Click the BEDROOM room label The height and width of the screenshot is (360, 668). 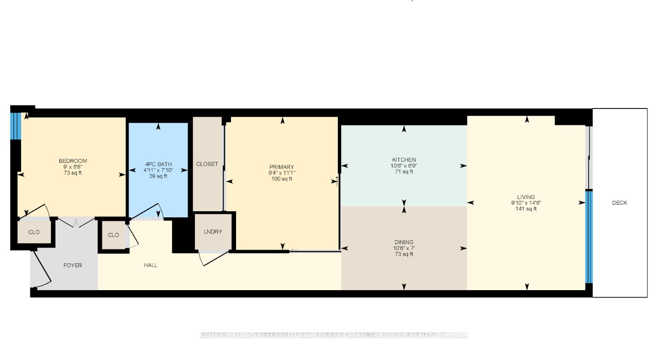pyautogui.click(x=73, y=161)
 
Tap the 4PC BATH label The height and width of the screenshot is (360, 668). pyautogui.click(x=158, y=164)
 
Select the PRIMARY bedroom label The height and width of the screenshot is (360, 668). pyautogui.click(x=282, y=167)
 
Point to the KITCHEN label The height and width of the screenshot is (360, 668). pyautogui.click(x=404, y=160)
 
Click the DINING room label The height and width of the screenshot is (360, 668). pyautogui.click(x=404, y=242)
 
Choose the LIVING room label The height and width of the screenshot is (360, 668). pyautogui.click(x=526, y=197)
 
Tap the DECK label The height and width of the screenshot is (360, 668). pyautogui.click(x=619, y=203)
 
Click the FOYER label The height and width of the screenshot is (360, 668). pyautogui.click(x=72, y=265)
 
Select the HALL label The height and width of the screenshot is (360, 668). pyautogui.click(x=151, y=265)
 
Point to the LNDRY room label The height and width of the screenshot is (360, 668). pyautogui.click(x=213, y=232)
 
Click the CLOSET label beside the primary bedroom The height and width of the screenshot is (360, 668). pyautogui.click(x=207, y=164)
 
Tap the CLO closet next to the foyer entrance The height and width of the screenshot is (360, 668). pyautogui.click(x=34, y=232)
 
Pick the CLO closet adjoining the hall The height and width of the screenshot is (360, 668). pyautogui.click(x=113, y=235)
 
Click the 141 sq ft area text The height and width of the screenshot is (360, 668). pyautogui.click(x=526, y=209)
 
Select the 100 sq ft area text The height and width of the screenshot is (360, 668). pyautogui.click(x=282, y=179)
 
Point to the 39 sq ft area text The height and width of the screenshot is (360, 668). pyautogui.click(x=158, y=176)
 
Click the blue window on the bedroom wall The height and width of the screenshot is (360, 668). pyautogui.click(x=16, y=126)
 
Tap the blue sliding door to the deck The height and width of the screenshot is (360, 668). pyautogui.click(x=589, y=237)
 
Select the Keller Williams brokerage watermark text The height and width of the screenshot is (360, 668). pyautogui.click(x=334, y=335)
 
